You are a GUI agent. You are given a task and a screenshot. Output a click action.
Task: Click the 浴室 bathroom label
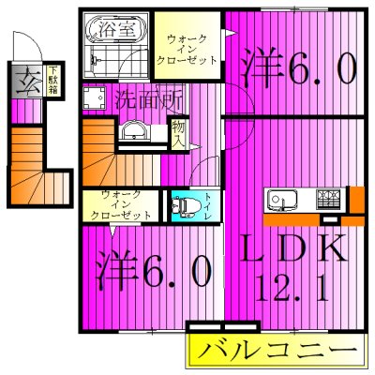click(x=126, y=28)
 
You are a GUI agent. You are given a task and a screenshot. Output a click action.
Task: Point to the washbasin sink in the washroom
click(x=133, y=129)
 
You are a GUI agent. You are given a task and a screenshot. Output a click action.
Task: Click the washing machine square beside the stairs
click(x=92, y=97)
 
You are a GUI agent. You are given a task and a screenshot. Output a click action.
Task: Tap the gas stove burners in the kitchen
click(x=329, y=200)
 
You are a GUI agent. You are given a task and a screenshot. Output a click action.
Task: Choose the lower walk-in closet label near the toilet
click(x=121, y=204)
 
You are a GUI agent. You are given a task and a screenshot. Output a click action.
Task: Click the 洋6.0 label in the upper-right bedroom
click(x=299, y=66)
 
